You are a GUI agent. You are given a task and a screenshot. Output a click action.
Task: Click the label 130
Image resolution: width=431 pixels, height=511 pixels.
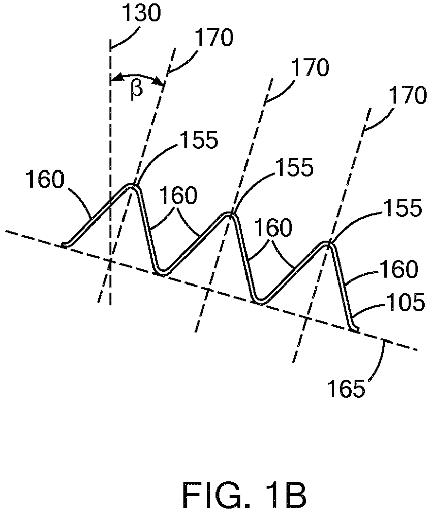tap(142, 14)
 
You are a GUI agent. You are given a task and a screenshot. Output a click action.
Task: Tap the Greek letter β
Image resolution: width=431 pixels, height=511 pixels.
tap(137, 90)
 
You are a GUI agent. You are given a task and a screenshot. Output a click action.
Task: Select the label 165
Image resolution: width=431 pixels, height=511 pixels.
tap(346, 389)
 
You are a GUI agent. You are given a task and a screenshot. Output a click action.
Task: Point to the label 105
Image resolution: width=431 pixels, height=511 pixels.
tap(406, 302)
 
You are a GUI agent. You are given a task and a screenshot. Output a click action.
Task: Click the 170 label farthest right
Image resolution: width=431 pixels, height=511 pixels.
tap(408, 95)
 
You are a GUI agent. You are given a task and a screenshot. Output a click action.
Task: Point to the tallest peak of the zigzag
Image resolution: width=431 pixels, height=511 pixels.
tap(132, 186)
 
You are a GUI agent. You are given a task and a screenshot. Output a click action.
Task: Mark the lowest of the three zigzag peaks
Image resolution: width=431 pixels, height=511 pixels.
tap(326, 244)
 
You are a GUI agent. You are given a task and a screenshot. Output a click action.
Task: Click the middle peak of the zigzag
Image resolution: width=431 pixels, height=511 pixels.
tap(229, 214)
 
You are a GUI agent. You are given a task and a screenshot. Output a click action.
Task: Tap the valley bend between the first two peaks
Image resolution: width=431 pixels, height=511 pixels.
tap(162, 271)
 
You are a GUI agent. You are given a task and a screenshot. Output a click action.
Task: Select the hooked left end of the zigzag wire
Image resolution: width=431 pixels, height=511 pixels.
tap(65, 245)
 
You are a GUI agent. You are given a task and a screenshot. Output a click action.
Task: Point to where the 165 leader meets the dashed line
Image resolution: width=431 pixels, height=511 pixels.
tap(383, 342)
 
